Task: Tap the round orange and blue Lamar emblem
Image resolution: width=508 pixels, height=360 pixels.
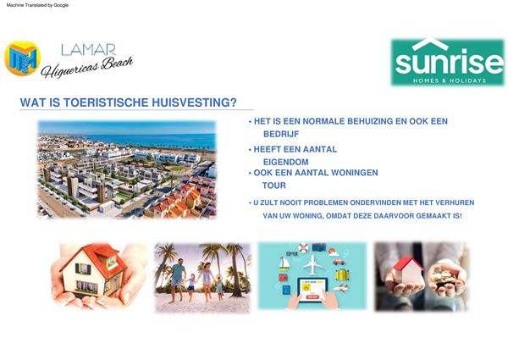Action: (23, 58)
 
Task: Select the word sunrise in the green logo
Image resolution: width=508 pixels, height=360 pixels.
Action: (447, 60)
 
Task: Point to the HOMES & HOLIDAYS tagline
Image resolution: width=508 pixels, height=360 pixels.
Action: (449, 80)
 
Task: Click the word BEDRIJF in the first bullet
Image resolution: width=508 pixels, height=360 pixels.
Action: (281, 134)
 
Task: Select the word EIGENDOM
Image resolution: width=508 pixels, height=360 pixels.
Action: (286, 162)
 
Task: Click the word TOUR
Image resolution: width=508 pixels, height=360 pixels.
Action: (273, 186)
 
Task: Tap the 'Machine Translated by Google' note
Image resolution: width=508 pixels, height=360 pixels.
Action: (37, 5)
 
